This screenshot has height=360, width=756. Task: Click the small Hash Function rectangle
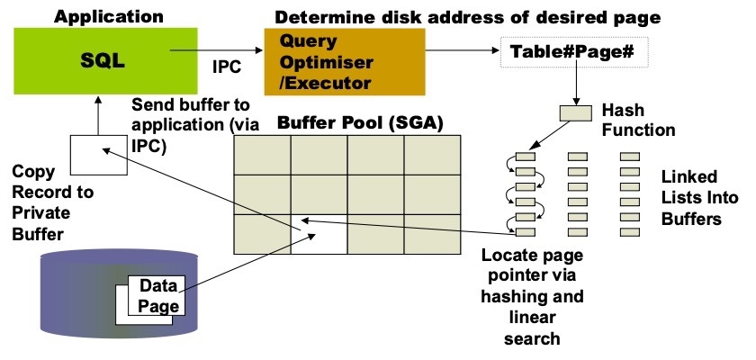pos(577,113)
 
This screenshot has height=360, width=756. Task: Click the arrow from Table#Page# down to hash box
pos(577,86)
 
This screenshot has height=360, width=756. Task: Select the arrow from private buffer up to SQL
pos(95,112)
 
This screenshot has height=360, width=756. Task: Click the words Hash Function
pos(640,121)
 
